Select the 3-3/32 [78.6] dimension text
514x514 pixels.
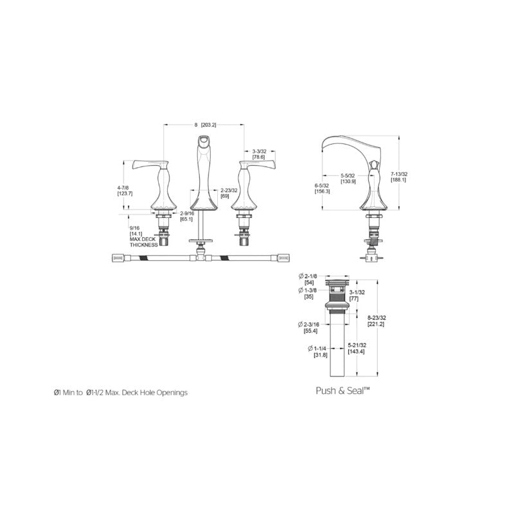(260, 154)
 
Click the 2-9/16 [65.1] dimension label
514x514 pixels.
(187, 216)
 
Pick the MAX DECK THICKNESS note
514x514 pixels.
(143, 241)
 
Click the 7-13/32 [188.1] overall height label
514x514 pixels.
(399, 177)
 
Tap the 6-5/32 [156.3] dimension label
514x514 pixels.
(322, 187)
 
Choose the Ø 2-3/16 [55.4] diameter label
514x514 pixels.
(310, 326)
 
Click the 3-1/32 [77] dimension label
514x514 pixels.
(358, 296)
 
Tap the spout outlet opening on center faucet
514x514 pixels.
(204, 143)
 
